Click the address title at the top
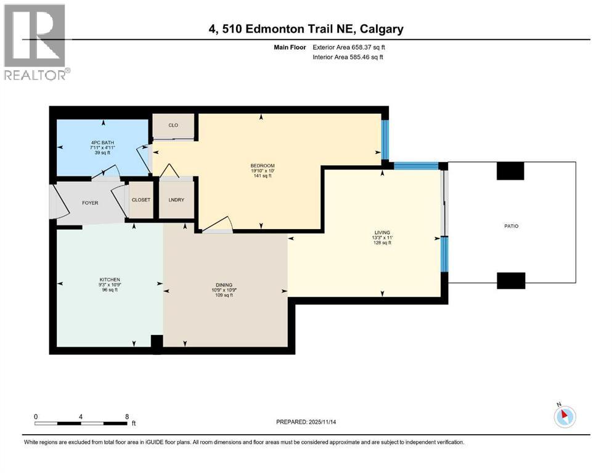click(x=306, y=29)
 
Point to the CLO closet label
click(x=173, y=126)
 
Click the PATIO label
click(x=511, y=226)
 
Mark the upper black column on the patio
click(x=510, y=171)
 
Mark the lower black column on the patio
click(x=511, y=280)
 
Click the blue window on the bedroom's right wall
click(x=385, y=140)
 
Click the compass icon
click(x=564, y=416)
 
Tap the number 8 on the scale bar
click(x=127, y=416)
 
